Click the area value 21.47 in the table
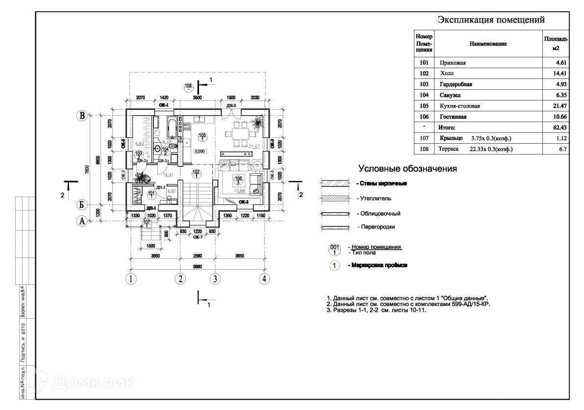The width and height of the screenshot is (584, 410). tap(559, 105)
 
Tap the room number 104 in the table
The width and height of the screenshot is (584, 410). tap(424, 95)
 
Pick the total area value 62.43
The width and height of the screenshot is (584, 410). tap(559, 127)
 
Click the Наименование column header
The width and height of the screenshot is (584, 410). tap(488, 44)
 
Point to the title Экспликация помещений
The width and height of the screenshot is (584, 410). tap(491, 21)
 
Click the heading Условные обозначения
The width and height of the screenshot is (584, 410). tap(408, 169)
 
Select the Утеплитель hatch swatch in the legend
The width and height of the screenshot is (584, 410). tap(333, 199)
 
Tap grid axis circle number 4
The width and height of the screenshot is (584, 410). tap(264, 279)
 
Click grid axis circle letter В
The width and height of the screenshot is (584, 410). tap(82, 116)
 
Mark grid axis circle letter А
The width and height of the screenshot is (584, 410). tap(82, 221)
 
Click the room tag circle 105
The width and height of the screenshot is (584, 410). tap(202, 137)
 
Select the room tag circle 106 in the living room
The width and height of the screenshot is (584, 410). tap(239, 180)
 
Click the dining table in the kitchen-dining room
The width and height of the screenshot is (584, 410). tap(240, 133)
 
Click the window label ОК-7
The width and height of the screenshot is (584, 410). tap(197, 237)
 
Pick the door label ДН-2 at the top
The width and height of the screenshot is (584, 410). tap(231, 105)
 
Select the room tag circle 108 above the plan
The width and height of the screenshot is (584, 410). tap(188, 87)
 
